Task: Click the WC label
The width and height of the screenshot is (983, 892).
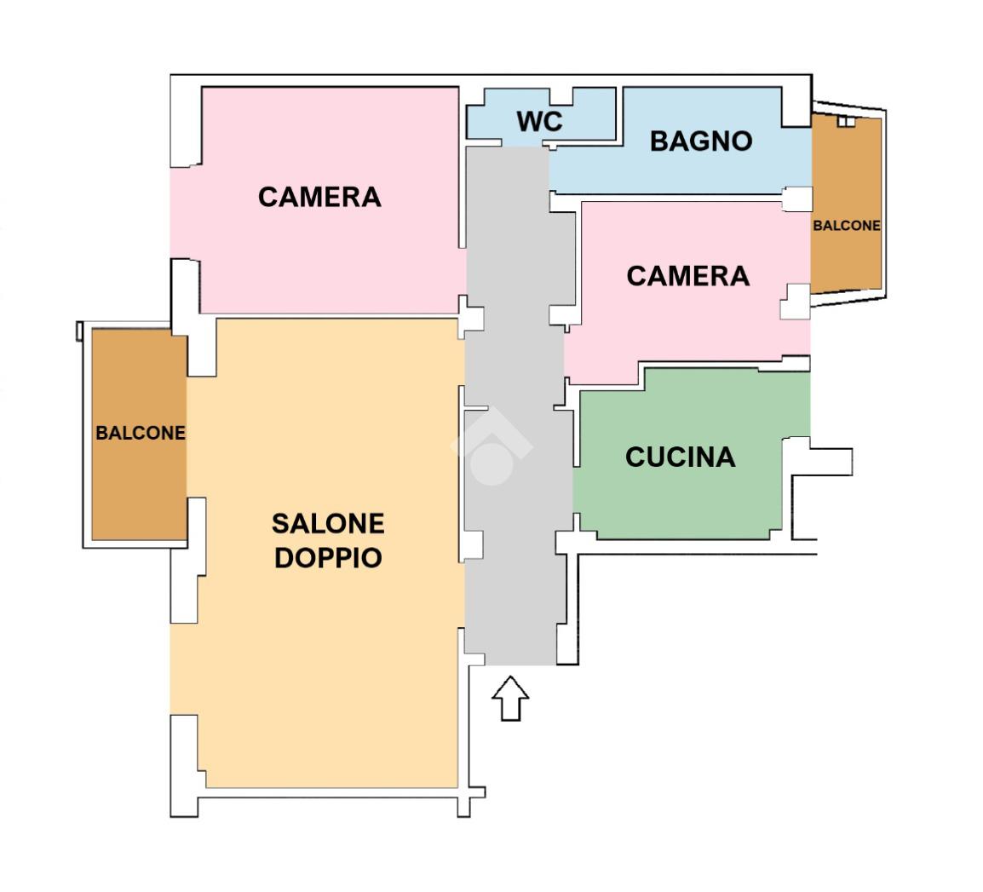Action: tap(540, 122)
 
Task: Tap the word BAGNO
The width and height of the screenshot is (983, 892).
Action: tap(701, 141)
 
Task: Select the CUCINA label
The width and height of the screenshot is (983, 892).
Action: tap(681, 457)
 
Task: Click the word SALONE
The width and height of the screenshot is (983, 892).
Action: tap(328, 523)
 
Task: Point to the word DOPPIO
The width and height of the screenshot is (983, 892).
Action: tap(328, 557)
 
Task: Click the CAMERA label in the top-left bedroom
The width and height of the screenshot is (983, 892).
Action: tap(319, 197)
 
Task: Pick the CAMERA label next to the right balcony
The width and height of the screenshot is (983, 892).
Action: tap(687, 276)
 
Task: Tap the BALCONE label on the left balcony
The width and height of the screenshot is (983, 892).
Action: tap(141, 433)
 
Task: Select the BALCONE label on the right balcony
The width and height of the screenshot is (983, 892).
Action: tap(847, 225)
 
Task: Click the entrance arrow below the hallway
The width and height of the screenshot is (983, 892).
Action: tap(510, 699)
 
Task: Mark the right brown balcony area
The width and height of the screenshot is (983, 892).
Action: tap(846, 204)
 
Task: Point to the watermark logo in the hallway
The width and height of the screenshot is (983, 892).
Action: tap(491, 446)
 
